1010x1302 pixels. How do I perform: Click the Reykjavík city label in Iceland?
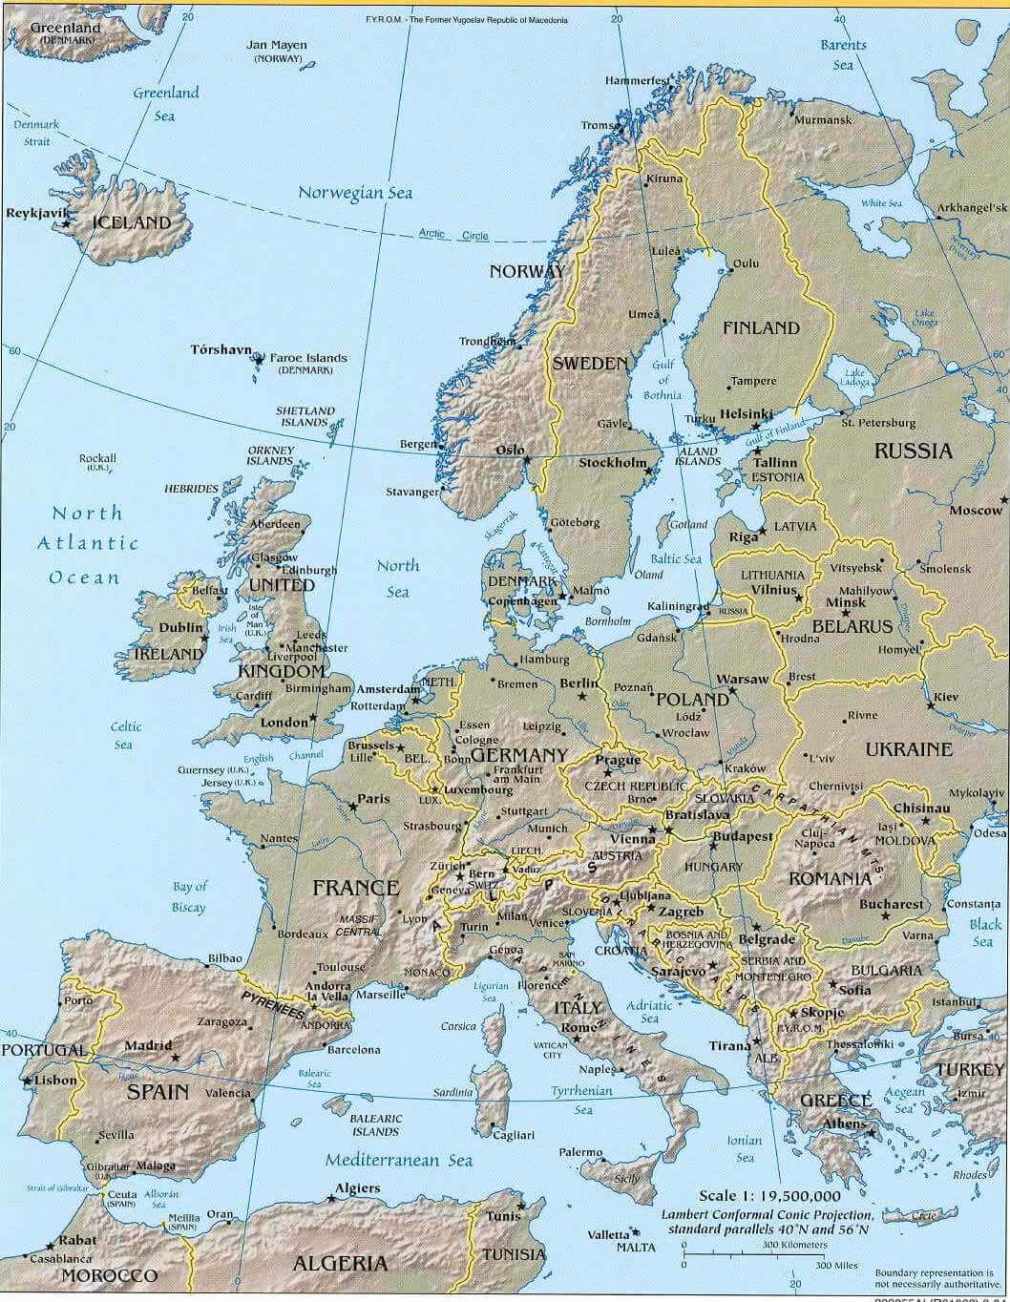(x=32, y=213)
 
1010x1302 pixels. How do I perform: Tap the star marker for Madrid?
(x=175, y=1058)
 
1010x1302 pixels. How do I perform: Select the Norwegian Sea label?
(x=355, y=192)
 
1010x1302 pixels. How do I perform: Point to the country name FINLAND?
(x=760, y=327)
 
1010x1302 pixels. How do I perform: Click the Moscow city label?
(x=976, y=511)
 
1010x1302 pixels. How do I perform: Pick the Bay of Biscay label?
(x=189, y=897)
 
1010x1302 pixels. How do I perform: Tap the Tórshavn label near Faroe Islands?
(x=221, y=349)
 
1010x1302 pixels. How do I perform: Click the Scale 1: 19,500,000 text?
(x=769, y=1196)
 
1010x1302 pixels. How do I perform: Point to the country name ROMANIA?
(x=829, y=877)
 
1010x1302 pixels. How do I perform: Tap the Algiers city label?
(x=357, y=1188)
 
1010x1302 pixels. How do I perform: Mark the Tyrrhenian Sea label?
(x=581, y=1100)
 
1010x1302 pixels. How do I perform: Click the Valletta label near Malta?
(x=608, y=1234)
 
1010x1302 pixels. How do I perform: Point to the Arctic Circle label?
(x=453, y=235)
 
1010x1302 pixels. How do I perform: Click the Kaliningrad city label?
(x=678, y=606)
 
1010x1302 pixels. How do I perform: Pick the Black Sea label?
(x=985, y=933)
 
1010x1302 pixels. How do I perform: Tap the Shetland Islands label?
(x=305, y=416)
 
